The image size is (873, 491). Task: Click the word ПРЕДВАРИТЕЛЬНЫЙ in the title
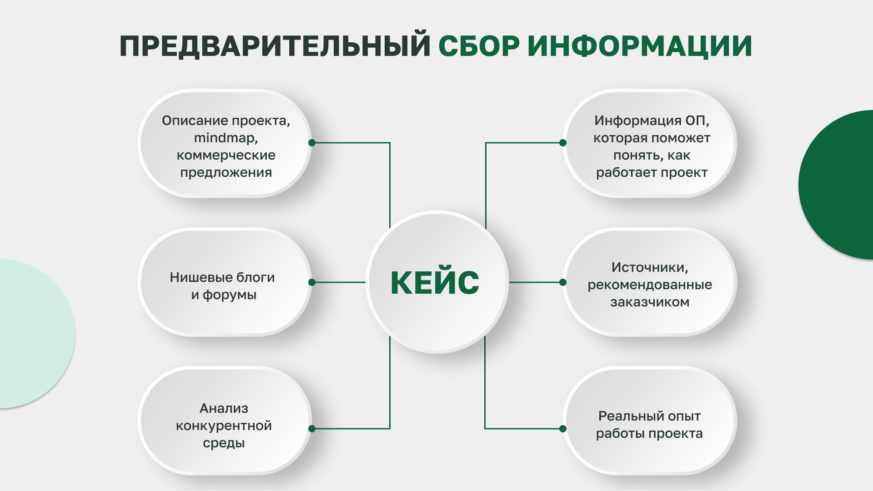275,46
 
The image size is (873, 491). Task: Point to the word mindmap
226,138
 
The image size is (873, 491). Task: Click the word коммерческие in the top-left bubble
226,155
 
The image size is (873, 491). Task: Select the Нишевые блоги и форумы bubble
225,282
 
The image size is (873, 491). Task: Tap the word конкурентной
224,426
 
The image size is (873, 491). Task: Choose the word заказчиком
650,302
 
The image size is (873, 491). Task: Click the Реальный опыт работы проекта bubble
649,421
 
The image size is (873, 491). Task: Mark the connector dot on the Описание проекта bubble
312,143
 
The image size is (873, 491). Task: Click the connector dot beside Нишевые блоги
312,282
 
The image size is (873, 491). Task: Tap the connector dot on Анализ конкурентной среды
312,429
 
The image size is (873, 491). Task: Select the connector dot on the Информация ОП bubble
563,143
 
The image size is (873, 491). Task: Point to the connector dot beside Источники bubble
563,282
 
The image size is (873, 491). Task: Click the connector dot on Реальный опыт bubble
563,429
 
